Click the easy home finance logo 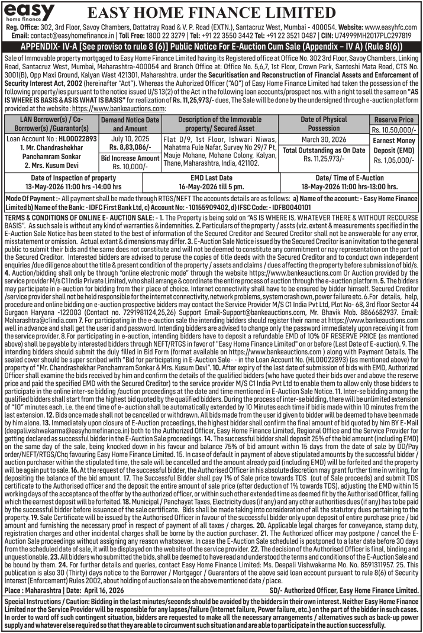29,12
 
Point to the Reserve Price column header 394,120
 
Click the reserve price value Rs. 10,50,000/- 394,130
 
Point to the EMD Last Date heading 211,177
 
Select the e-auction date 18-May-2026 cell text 350,186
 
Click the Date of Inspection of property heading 73,177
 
